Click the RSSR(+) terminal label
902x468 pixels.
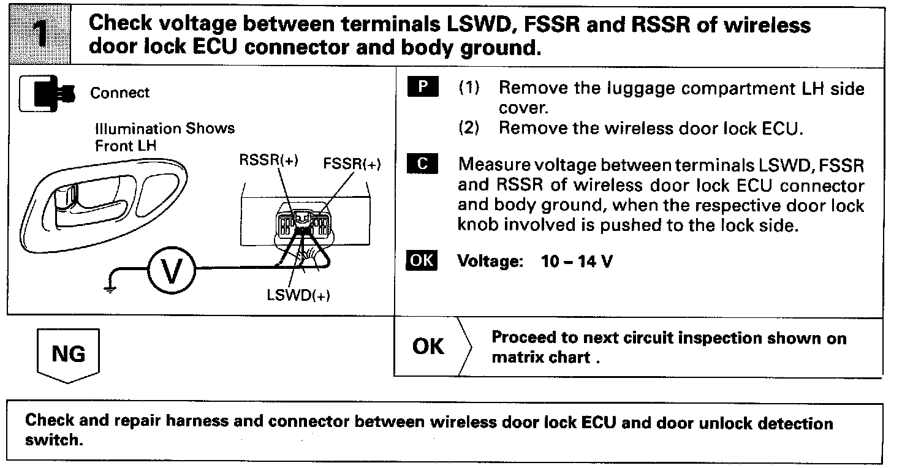point(268,160)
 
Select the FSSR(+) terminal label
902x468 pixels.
point(352,164)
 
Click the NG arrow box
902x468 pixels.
point(68,354)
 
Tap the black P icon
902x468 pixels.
point(422,88)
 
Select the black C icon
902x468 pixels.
point(422,164)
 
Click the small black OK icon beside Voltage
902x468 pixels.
point(422,261)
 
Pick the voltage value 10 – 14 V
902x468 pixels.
point(577,262)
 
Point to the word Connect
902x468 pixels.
point(119,93)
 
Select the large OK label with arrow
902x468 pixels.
point(428,347)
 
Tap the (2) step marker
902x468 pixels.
point(469,128)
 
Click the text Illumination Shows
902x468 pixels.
point(165,129)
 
